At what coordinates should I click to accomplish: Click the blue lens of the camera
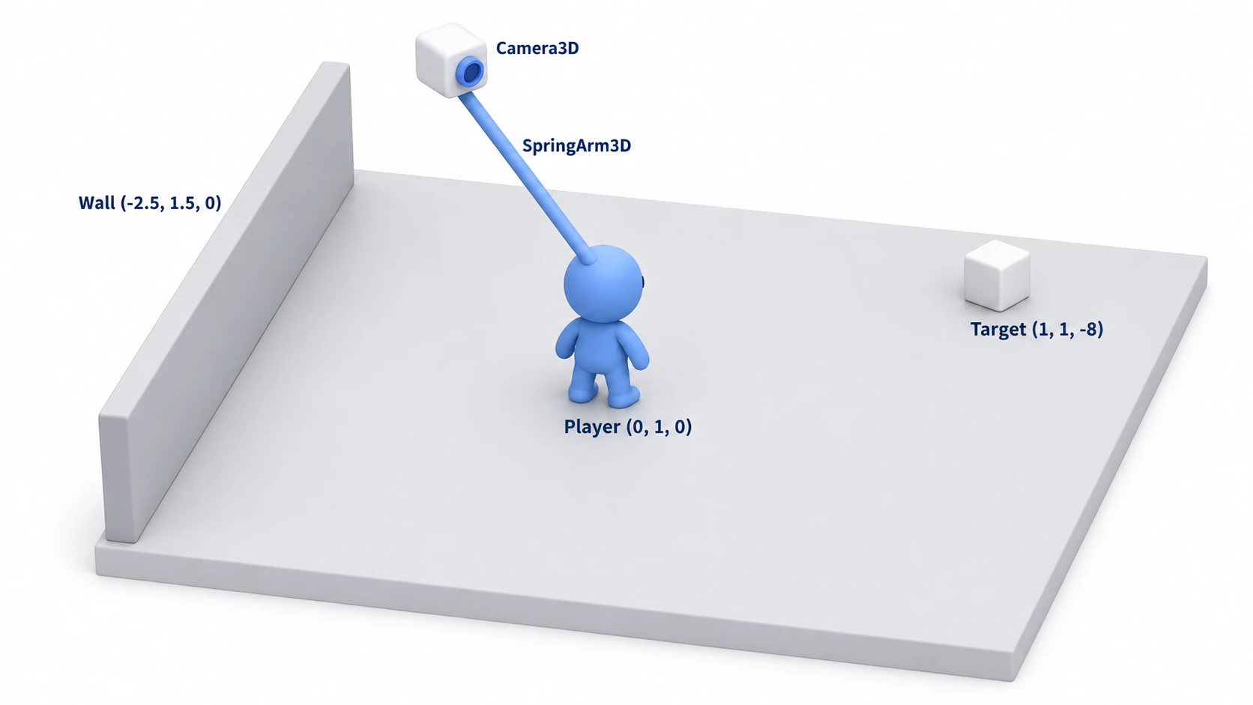click(x=470, y=71)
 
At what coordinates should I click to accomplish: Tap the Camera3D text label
click(x=537, y=48)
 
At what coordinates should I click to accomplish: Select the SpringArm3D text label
click(x=576, y=146)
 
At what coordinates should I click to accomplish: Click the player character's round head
click(x=603, y=283)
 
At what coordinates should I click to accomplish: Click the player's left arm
click(x=566, y=341)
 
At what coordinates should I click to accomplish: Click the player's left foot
click(x=582, y=390)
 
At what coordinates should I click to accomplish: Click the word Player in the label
click(x=592, y=427)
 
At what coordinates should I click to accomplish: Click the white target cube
click(x=997, y=276)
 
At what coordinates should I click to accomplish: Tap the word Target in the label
click(x=998, y=330)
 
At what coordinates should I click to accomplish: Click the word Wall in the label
click(x=97, y=202)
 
